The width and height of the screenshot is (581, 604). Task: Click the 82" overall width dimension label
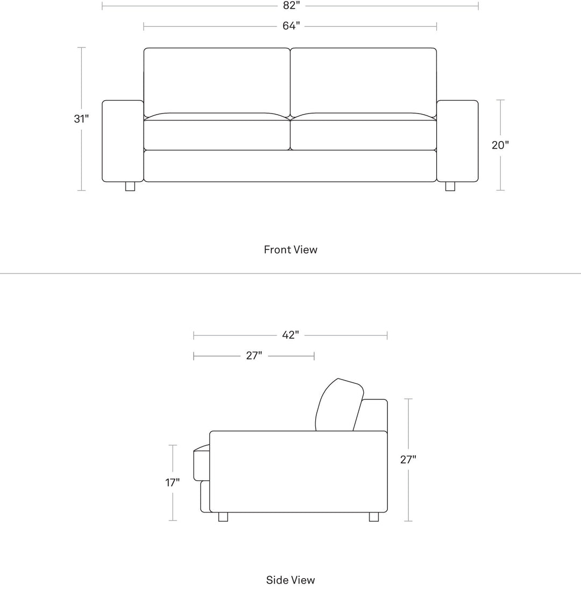pos(291,5)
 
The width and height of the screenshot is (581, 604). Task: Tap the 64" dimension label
pos(291,26)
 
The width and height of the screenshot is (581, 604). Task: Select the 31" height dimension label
pos(81,118)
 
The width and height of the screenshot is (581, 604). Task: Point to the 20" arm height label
pos(500,145)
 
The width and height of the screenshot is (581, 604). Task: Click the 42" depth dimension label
pos(290,335)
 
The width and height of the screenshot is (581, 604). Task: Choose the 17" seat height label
pos(173,482)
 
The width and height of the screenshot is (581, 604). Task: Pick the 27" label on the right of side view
pos(408,460)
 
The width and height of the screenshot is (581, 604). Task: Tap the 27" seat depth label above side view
pos(254,355)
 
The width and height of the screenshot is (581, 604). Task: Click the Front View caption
pos(290,250)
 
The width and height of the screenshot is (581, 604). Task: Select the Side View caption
pos(290,580)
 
